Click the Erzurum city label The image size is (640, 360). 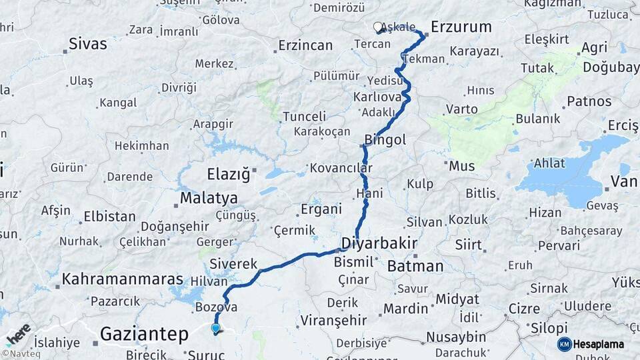pyautogui.click(x=461, y=27)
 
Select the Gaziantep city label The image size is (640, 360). pyautogui.click(x=144, y=334)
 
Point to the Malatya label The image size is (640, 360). pyautogui.click(x=209, y=199)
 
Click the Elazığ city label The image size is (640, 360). pyautogui.click(x=227, y=175)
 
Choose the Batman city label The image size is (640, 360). pyautogui.click(x=415, y=266)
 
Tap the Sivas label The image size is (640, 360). pyautogui.click(x=87, y=45)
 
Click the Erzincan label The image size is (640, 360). pyautogui.click(x=305, y=45)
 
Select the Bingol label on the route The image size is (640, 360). pyautogui.click(x=385, y=140)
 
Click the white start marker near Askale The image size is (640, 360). pyautogui.click(x=378, y=27)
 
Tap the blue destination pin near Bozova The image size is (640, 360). pyautogui.click(x=215, y=328)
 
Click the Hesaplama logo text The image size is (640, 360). pyautogui.click(x=598, y=345)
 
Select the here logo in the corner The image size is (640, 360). pyautogui.click(x=18, y=333)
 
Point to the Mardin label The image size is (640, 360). pyautogui.click(x=405, y=309)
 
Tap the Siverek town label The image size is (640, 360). pyautogui.click(x=233, y=264)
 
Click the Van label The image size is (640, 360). pyautogui.click(x=624, y=182)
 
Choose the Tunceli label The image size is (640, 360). pyautogui.click(x=305, y=116)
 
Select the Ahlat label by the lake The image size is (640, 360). pyautogui.click(x=549, y=163)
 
